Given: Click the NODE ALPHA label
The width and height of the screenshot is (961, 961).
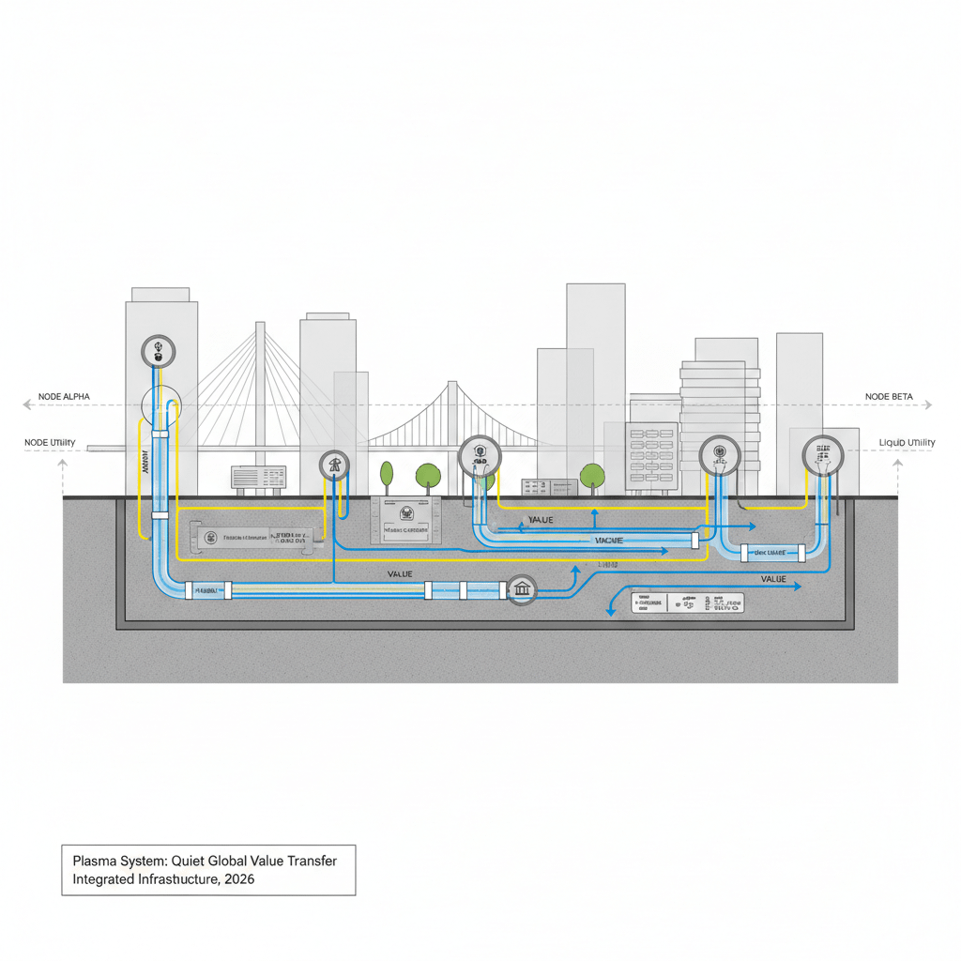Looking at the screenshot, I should tap(64, 397).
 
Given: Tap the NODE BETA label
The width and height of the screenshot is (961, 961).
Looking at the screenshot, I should tap(889, 397).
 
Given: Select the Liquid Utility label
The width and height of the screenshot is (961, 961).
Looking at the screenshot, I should tap(907, 442).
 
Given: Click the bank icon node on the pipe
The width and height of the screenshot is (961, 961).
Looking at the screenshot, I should tap(521, 590).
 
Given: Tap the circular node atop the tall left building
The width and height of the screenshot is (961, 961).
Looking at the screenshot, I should tap(158, 353).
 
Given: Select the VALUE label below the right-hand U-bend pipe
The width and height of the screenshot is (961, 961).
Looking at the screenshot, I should tap(773, 579).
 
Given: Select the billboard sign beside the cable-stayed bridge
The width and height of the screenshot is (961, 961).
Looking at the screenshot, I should tap(258, 478).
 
